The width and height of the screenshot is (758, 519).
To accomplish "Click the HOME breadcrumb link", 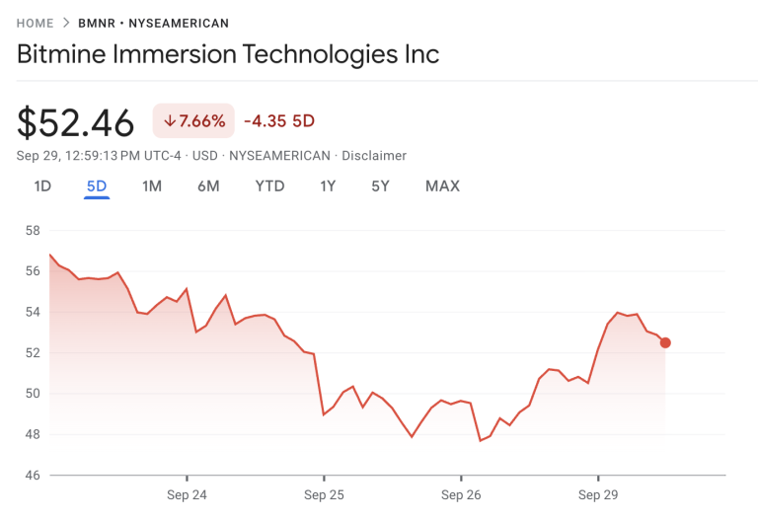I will pos(35,23).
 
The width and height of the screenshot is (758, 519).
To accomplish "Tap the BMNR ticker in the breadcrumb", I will pos(112,23).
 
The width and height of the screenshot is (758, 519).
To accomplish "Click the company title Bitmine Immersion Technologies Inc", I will pos(228,53).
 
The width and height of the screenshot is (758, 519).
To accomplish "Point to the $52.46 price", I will pos(76,123).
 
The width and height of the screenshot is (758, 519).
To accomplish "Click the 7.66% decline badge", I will pos(193,120).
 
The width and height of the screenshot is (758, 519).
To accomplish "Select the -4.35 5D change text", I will pos(279,121).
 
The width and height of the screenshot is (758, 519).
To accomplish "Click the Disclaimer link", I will pos(374,156).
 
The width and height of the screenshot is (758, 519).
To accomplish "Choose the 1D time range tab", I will pos(42,185).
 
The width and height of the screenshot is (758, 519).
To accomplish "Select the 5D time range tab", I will pos(96,185).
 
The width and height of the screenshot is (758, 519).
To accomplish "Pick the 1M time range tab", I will pos(151,185).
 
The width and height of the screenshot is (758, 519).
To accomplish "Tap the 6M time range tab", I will pos(207,185).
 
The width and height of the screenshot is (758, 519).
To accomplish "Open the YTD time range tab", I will pos(269,185).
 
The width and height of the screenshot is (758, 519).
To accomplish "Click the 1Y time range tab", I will pos(328,185).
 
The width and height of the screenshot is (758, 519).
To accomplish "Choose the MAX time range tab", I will pos(442,185).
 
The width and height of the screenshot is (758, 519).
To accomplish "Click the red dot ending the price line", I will pos(665,342).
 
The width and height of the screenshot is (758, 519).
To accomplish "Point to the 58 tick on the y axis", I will pos(33,231).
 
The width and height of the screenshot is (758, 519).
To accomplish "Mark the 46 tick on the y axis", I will pos(33,475).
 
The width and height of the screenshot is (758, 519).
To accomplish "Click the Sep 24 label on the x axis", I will pos(187,494).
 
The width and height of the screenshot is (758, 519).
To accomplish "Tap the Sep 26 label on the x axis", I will pos(461,494).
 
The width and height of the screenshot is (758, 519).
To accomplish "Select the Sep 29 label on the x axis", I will pos(598,494).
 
